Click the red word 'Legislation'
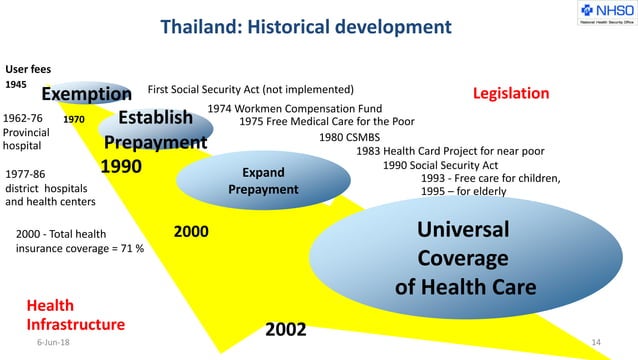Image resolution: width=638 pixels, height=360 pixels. point(511,93)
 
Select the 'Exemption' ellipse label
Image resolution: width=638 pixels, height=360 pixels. point(86,94)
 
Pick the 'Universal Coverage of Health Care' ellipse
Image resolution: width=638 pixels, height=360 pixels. point(464,258)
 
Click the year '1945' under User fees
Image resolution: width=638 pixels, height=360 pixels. point(16,85)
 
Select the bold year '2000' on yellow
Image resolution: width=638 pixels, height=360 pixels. point(191,232)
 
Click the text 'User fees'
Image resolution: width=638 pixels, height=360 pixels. point(28,69)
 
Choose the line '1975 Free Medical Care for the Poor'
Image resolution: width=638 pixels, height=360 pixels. point(341,121)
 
